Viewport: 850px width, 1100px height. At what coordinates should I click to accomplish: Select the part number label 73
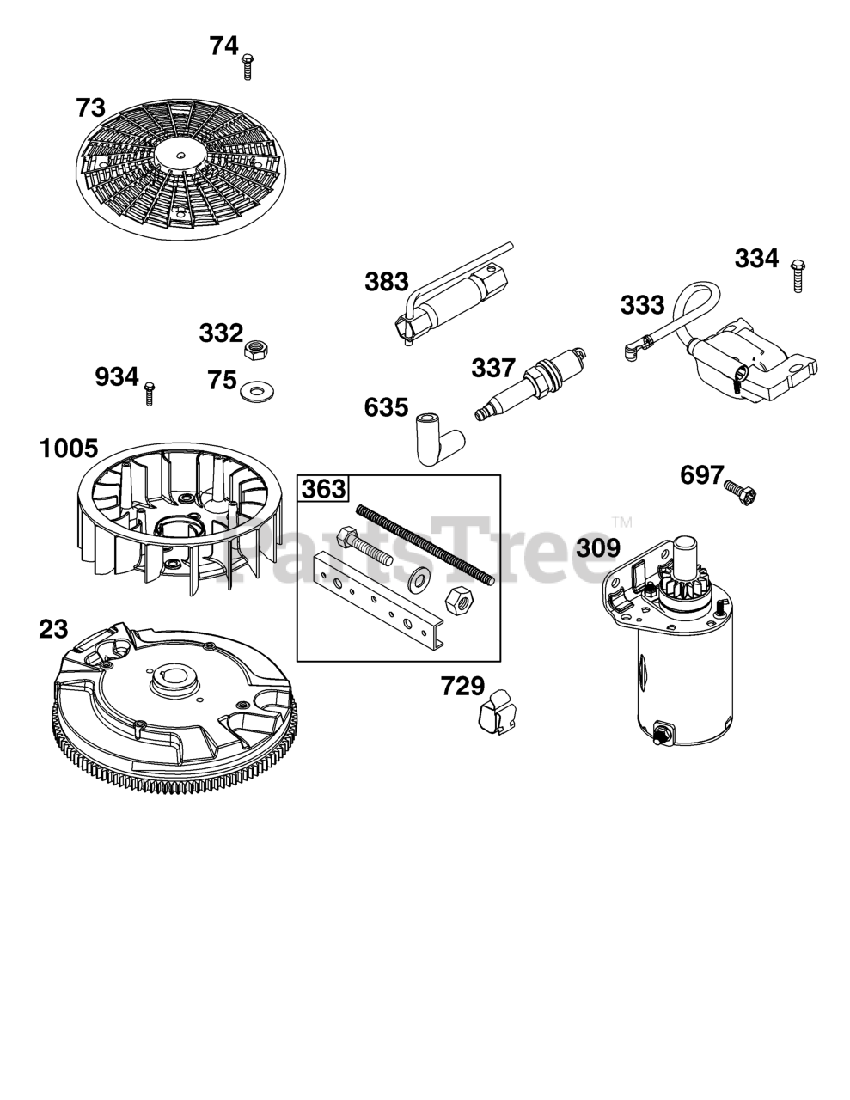point(90,108)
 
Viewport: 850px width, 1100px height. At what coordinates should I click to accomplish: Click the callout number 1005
point(69,449)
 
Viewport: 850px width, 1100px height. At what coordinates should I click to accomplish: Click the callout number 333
point(642,305)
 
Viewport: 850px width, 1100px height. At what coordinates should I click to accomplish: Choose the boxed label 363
point(323,490)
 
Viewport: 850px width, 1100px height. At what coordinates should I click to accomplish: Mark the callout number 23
point(53,629)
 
